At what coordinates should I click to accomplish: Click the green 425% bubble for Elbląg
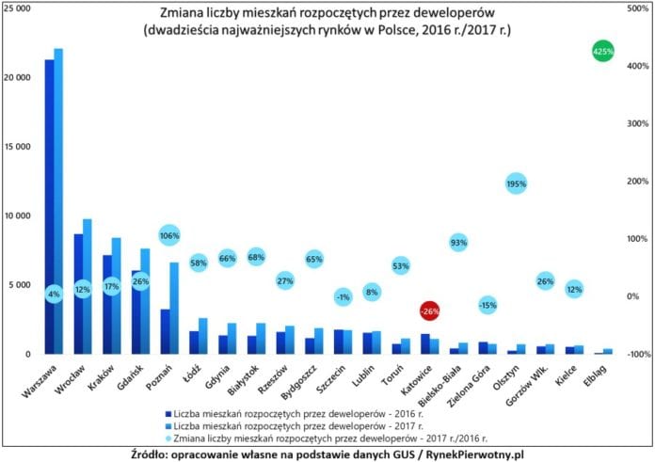pyautogui.click(x=604, y=51)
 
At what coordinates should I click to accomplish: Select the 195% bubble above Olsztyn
pyautogui.click(x=516, y=184)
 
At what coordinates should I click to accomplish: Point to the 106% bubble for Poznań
pyautogui.click(x=169, y=235)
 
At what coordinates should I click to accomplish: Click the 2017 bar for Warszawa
pyautogui.click(x=58, y=188)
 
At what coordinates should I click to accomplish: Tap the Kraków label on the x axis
pyautogui.click(x=102, y=375)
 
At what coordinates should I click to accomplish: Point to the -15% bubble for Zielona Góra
pyautogui.click(x=487, y=304)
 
